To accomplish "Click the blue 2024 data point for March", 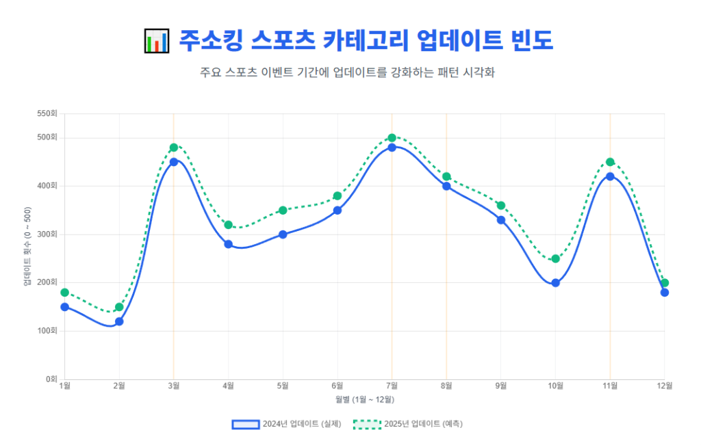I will pos(174,162).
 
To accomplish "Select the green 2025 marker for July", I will pos(392,138).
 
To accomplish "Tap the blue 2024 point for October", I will pos(555,283).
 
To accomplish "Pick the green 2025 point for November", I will pos(610,162).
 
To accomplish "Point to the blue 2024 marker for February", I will pos(119,321).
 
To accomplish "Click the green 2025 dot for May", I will pos(283,211).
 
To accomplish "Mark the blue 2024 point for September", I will pos(501,220).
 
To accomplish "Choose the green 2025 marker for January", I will pos(65,293).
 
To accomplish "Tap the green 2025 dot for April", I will pos(228,225).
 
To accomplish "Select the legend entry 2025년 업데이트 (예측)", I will pos(408,424).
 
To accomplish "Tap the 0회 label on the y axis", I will pos(51,379).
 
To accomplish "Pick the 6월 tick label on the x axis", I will pos(337,386).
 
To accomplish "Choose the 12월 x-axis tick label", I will pos(663,386).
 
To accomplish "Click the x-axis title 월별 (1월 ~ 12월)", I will pos(364,399).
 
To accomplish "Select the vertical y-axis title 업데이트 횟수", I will pos(27,246).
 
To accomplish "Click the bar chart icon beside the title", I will pos(156,40).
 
